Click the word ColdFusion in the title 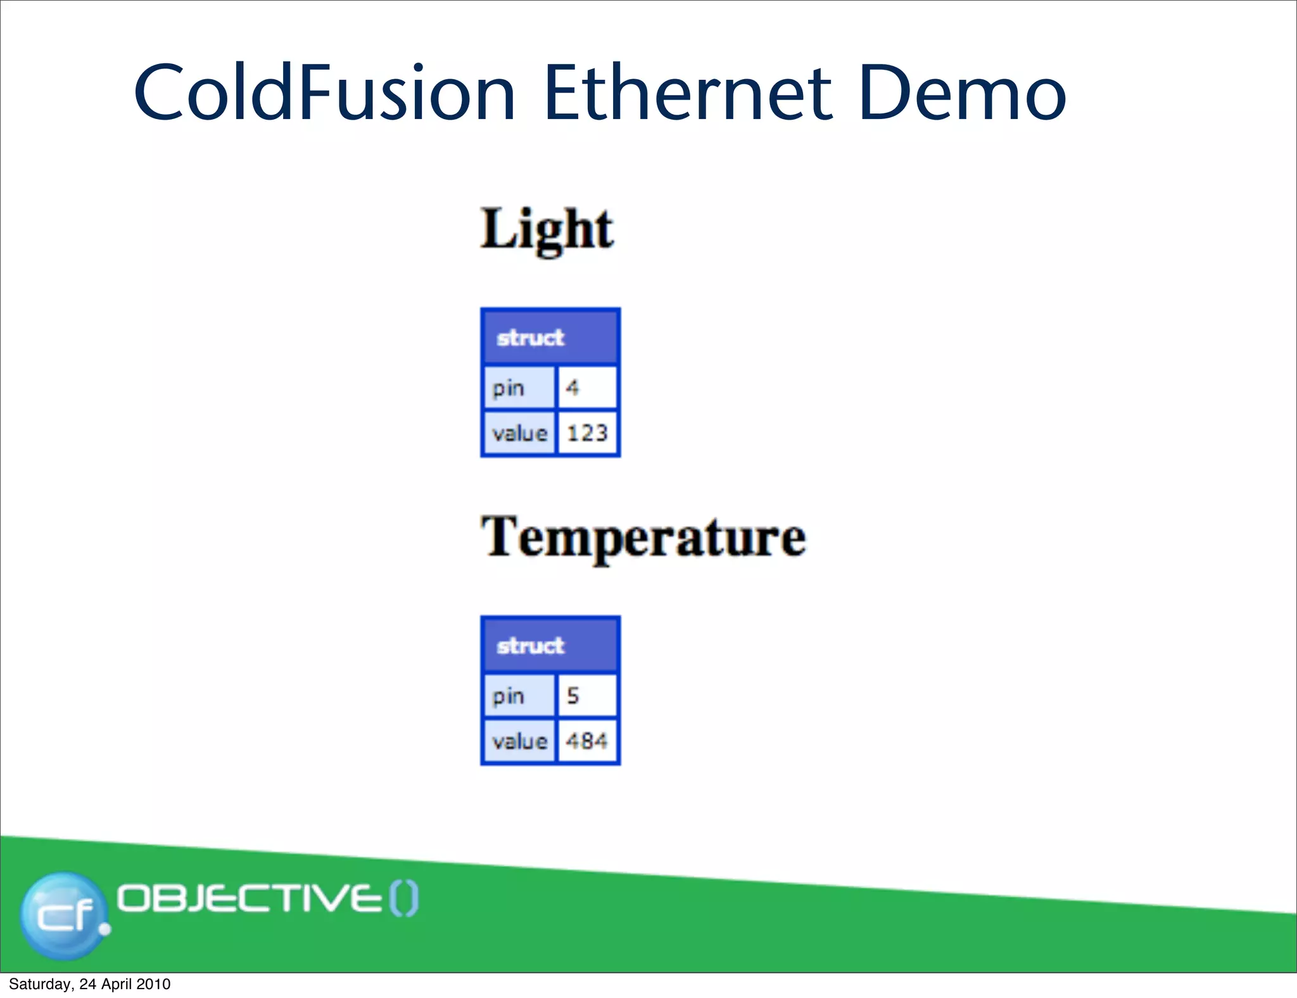[x=324, y=92]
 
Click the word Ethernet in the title [x=687, y=92]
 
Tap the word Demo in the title [x=963, y=92]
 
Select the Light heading [x=547, y=229]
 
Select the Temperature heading [x=643, y=537]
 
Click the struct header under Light [x=550, y=337]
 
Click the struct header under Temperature [x=550, y=645]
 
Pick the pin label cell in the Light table [x=519, y=387]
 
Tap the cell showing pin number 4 [x=586, y=387]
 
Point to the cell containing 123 [x=587, y=433]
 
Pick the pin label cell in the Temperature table [x=519, y=695]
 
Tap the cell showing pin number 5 [x=586, y=695]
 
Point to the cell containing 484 [x=587, y=741]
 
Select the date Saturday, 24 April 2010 [x=89, y=984]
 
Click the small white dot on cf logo [x=104, y=929]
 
